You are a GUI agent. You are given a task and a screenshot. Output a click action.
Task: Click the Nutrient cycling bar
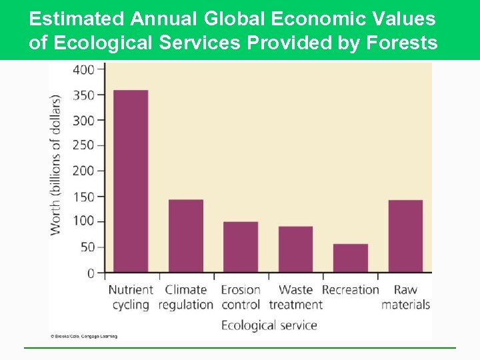coord(131,181)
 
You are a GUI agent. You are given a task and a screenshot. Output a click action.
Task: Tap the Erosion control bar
coord(241,247)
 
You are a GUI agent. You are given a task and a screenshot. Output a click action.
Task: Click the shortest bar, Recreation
coord(350,258)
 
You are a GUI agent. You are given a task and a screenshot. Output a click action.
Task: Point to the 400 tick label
coord(83,69)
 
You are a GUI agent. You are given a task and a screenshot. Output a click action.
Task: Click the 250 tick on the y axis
coord(83,145)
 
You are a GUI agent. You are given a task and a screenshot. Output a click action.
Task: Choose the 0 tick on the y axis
coord(90,273)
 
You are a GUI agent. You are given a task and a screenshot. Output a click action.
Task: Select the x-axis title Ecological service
coord(269,325)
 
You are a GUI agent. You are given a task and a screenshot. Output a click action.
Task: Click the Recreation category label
coord(350,290)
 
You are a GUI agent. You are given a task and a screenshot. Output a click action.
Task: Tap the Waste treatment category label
coord(295,297)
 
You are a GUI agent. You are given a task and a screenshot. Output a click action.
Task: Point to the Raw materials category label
coord(405,297)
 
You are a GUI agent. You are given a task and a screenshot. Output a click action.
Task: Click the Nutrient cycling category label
coord(131,297)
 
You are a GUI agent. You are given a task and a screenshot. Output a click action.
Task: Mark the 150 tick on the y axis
coord(83,197)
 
